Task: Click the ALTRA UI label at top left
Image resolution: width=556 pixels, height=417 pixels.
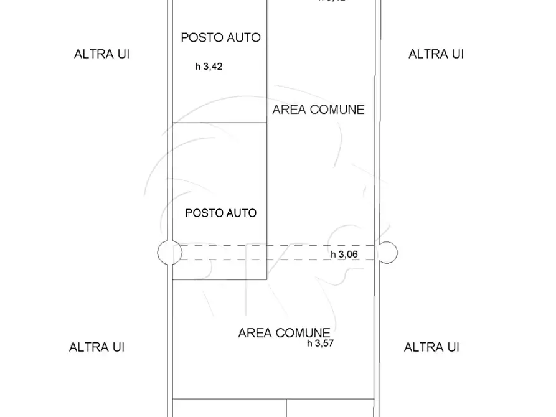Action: pos(101,54)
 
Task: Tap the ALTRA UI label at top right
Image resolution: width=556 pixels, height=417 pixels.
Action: pos(436,54)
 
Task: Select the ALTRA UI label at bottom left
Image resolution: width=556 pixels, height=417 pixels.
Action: pos(97,347)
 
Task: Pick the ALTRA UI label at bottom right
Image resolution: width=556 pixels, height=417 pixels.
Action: pos(431,347)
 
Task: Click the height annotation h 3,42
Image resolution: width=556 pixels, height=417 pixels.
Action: pos(209,67)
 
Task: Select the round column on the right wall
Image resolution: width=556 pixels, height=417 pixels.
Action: pos(385,252)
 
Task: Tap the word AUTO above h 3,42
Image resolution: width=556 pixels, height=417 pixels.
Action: pos(243,37)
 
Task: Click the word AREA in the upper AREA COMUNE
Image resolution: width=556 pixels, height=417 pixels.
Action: pos(287,110)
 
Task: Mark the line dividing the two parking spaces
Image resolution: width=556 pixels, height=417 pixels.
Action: pos(220,122)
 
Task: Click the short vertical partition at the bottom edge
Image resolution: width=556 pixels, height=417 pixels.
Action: pos(286,408)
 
